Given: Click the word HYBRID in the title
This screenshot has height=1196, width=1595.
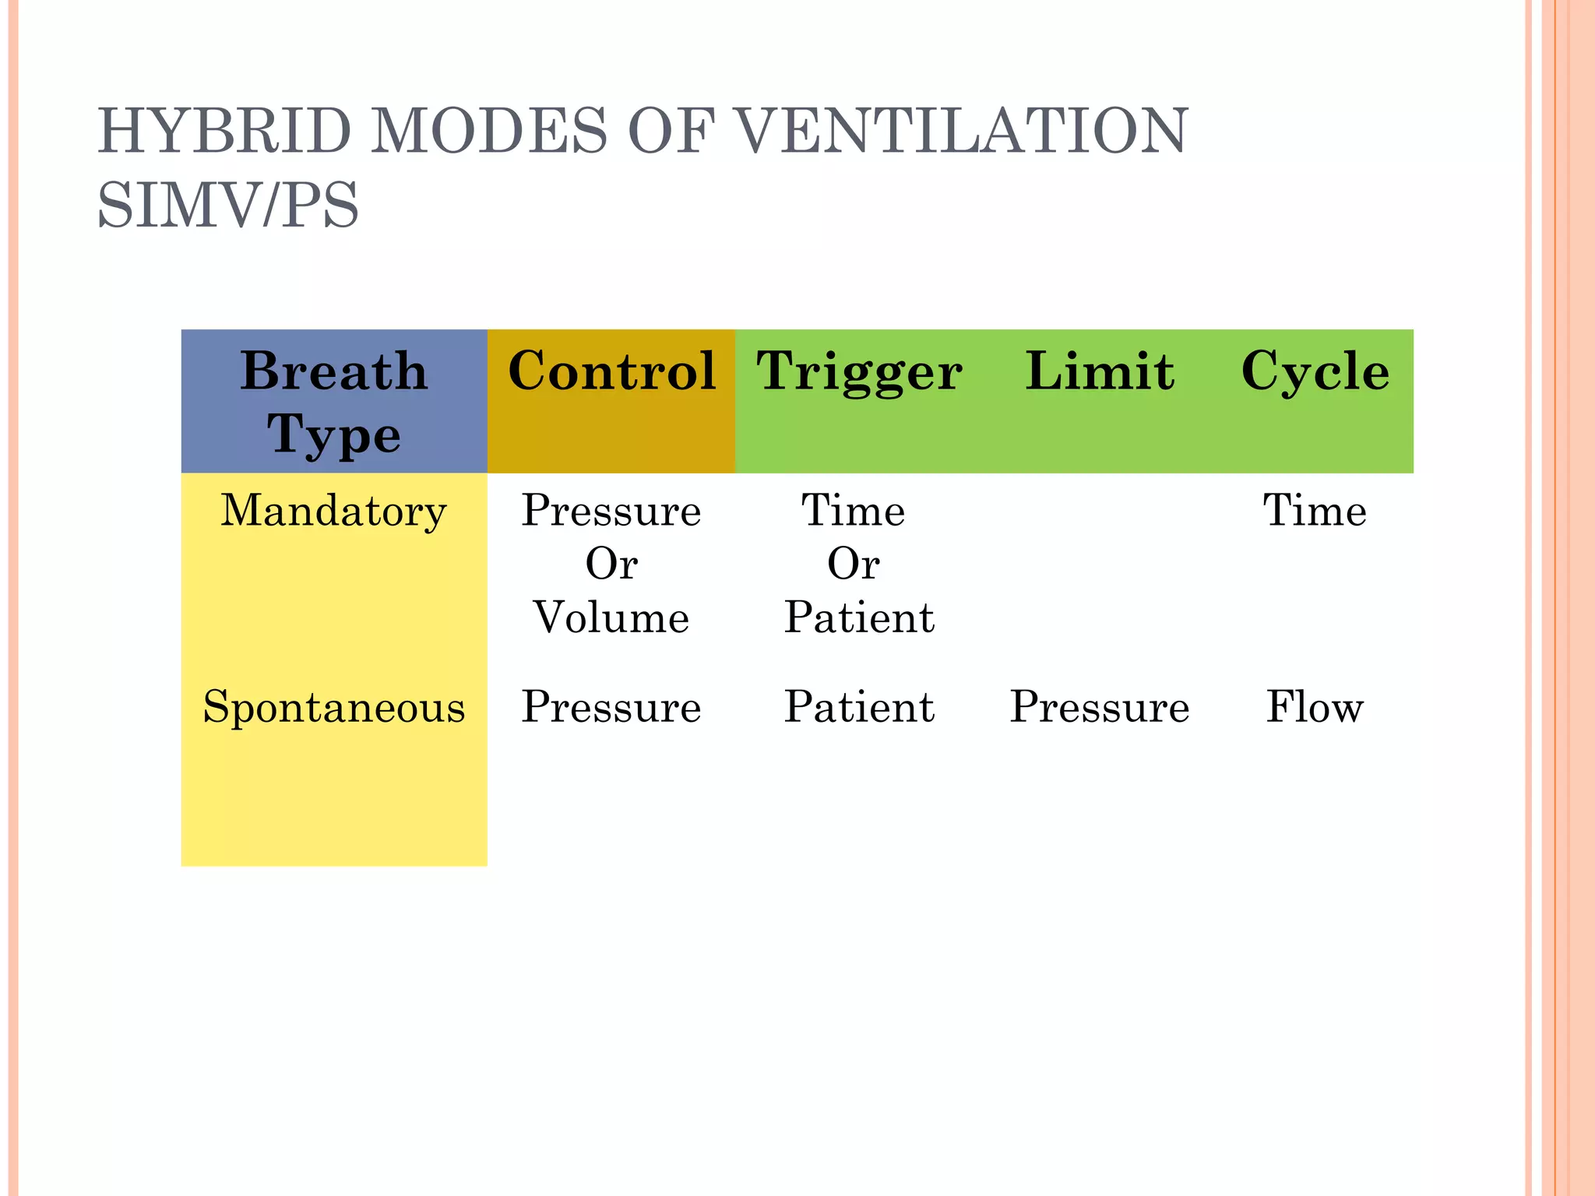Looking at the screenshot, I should [225, 131].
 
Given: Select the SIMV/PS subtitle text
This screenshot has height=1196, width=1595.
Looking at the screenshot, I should [228, 205].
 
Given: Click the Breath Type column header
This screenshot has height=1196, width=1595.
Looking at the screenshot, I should [334, 401].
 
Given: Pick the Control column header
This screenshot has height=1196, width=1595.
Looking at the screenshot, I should [611, 371].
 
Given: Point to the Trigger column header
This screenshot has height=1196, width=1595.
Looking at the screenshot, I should [859, 372].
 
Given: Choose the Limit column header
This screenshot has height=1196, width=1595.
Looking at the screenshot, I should [1099, 371].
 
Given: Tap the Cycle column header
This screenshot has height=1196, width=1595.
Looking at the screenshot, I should [1315, 372].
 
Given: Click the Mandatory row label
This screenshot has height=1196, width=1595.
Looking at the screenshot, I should [334, 512].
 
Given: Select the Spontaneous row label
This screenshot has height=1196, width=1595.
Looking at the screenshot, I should [334, 708].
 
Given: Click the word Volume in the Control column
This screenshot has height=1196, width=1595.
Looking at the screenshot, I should [611, 617].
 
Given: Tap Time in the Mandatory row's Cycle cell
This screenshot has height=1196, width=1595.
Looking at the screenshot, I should [1315, 511].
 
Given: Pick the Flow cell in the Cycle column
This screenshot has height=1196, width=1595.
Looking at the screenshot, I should [1315, 707].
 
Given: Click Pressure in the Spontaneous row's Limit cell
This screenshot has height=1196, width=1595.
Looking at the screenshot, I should [1099, 708].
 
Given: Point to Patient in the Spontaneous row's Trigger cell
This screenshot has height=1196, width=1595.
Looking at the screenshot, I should [859, 707].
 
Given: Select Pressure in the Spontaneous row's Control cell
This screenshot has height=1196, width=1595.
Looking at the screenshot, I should [611, 708].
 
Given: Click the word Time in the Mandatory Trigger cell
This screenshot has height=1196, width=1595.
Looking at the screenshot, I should [854, 511].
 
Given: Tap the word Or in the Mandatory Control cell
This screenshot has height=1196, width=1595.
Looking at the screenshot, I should [611, 564].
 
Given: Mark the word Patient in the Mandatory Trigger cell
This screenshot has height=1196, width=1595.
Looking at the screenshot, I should [859, 617].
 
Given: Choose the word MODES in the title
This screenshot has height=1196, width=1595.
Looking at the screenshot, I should [488, 131].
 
